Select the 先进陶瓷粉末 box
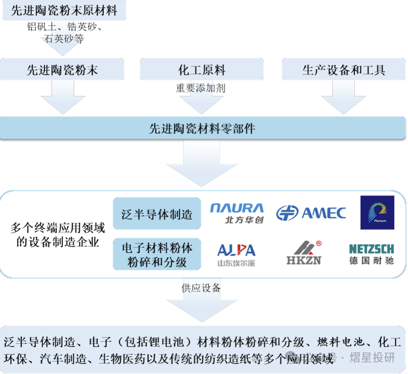[62, 70]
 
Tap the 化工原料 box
[202, 70]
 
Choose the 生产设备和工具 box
[344, 70]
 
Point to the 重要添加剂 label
[200, 88]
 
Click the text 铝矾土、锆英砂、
[65, 28]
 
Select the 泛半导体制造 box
[157, 215]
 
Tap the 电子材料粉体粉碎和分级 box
[157, 255]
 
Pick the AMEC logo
[311, 213]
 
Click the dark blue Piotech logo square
[377, 212]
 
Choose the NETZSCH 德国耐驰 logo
[371, 254]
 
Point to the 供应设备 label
[200, 288]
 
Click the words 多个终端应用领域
[58, 228]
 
